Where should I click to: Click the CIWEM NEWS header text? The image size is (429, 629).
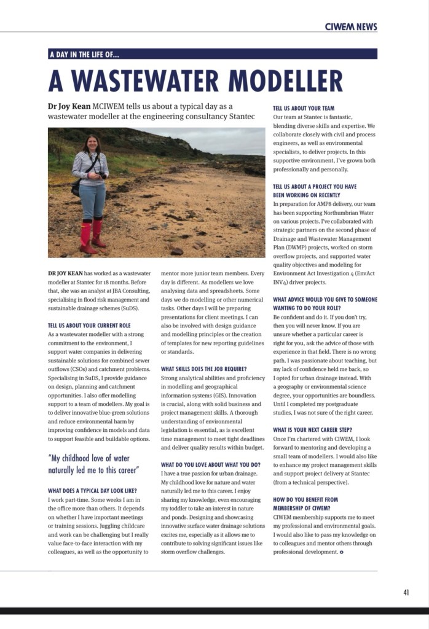[351, 26]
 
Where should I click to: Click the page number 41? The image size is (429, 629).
[406, 592]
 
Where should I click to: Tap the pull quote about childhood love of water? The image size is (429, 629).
[93, 464]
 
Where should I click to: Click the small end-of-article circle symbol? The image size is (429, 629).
[342, 552]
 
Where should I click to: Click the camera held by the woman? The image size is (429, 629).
[102, 175]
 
